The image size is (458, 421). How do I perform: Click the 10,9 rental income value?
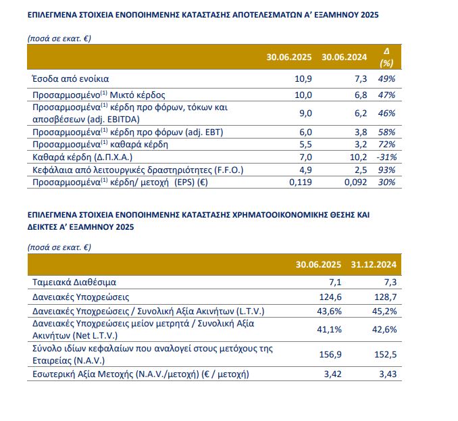coord(303,79)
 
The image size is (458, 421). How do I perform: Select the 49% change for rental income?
coord(386,79)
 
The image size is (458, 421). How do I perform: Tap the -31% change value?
coord(385,157)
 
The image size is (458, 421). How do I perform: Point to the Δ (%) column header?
coord(386,57)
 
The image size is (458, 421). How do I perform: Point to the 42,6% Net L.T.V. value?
coord(383,330)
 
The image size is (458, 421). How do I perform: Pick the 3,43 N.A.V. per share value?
coord(386,373)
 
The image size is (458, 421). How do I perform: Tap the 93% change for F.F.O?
coord(386,170)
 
